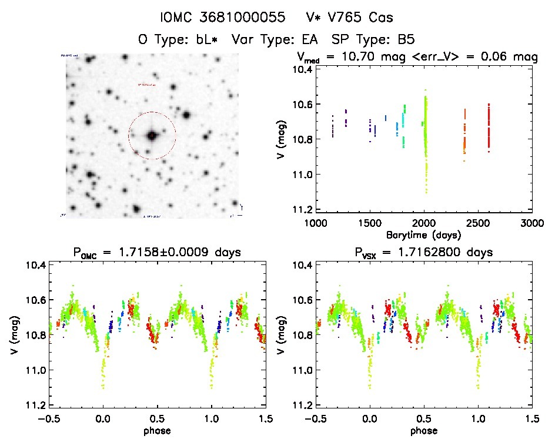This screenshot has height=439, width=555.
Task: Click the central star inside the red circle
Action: (x=152, y=135)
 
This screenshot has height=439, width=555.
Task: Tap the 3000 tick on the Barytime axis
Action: (x=531, y=223)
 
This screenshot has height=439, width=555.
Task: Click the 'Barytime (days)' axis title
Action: (x=423, y=234)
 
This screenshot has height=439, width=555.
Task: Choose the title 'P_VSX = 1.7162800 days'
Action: (x=422, y=253)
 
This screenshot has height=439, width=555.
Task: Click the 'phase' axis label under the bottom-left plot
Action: (x=157, y=430)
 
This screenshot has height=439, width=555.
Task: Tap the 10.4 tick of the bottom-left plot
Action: (x=35, y=265)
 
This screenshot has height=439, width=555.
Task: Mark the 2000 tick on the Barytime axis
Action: (x=423, y=223)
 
